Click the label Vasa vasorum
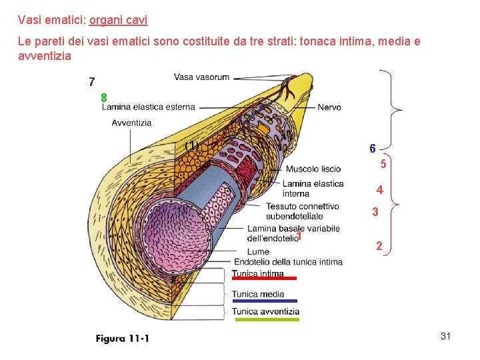coord(201,77)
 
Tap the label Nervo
coord(329,107)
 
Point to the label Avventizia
coord(131,123)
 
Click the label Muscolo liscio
coord(313,169)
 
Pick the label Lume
coord(258,251)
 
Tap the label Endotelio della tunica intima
coord(288,262)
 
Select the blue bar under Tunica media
coord(264,301)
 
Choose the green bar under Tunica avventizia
coord(267,319)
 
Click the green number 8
coord(104,98)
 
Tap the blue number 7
coord(92,83)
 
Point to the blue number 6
coord(372,148)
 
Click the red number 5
coord(383,164)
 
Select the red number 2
coord(379,246)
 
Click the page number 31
coord(446,337)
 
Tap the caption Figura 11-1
coord(123,339)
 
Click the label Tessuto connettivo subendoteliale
coord(302,211)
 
